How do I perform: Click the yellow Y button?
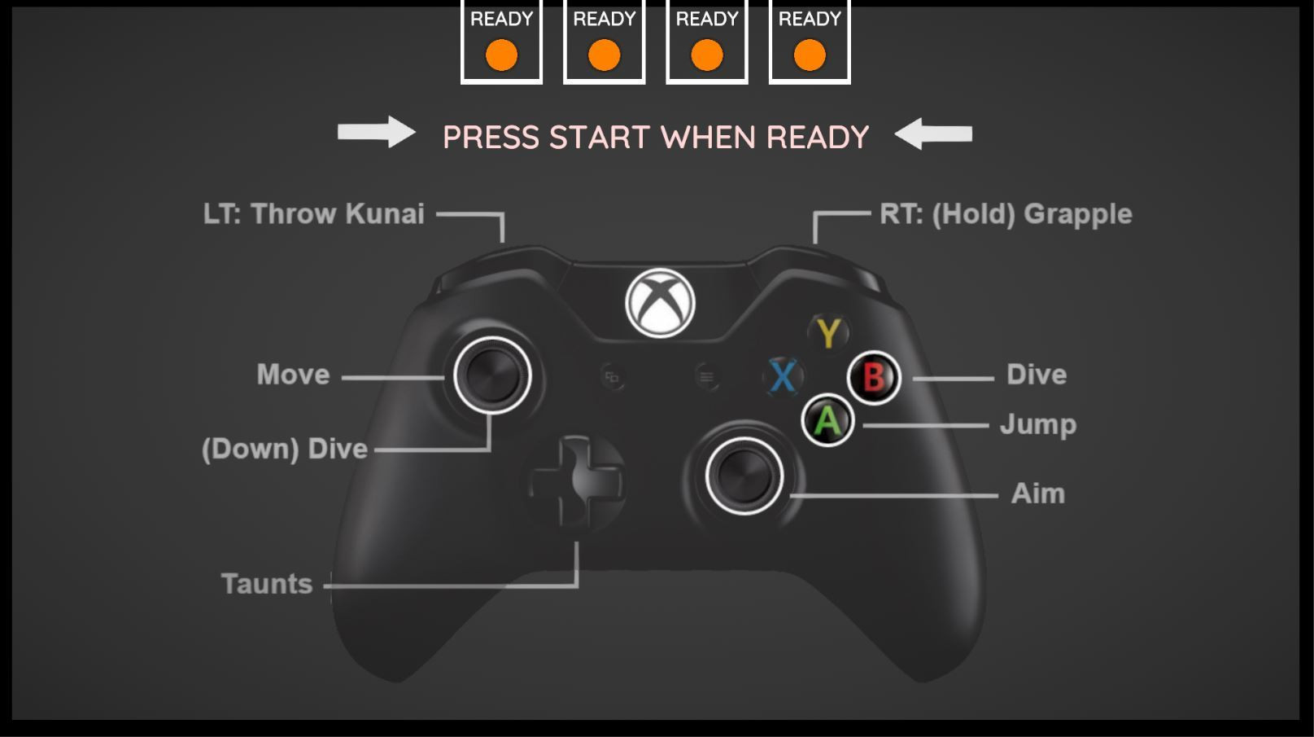coord(828,333)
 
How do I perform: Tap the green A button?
coord(827,420)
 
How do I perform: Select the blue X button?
coord(784,376)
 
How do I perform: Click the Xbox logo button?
coord(660,303)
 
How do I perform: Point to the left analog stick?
coord(492,375)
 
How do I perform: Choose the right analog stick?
coord(744,476)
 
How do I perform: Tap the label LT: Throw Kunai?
coord(314,213)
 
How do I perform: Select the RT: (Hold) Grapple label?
coord(1006,214)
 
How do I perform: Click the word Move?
coord(293,375)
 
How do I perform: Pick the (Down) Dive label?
coord(285,450)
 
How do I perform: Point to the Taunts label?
coord(267,584)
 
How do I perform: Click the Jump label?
coord(1038,424)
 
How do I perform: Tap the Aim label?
coord(1037,494)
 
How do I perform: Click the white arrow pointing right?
coord(377,132)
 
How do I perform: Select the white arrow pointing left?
coord(933,134)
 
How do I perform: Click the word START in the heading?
coord(599,138)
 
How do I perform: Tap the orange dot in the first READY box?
coord(501,55)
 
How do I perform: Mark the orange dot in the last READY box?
coord(810,55)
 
